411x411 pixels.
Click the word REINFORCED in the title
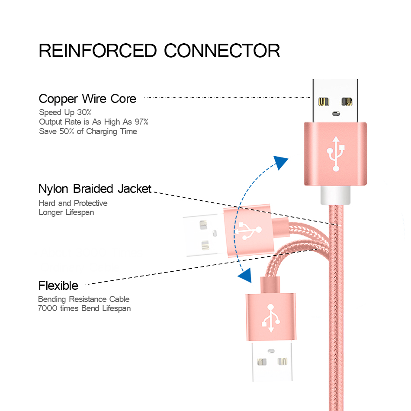pyautogui.click(x=98, y=51)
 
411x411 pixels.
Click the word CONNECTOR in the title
pyautogui.click(x=222, y=51)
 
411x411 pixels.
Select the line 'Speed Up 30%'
pyautogui.click(x=65, y=112)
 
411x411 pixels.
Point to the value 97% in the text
pyautogui.click(x=141, y=122)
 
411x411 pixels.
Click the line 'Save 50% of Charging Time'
pyautogui.click(x=88, y=132)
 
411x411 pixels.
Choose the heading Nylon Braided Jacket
pyautogui.click(x=95, y=189)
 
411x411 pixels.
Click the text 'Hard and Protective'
pyautogui.click(x=73, y=203)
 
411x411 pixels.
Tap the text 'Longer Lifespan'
pyautogui.click(x=66, y=212)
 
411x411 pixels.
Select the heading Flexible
pyautogui.click(x=58, y=286)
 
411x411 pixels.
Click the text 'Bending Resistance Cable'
pyautogui.click(x=83, y=299)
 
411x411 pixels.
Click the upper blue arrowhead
pyautogui.click(x=280, y=162)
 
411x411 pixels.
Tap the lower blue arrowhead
pyautogui.click(x=245, y=275)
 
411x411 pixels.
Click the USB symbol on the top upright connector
pyautogui.click(x=336, y=154)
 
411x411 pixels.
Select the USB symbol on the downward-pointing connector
pyautogui.click(x=271, y=318)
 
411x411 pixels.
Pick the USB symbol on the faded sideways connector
pyautogui.click(x=248, y=231)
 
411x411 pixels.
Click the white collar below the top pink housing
pyautogui.click(x=336, y=195)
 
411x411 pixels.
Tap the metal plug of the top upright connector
pyautogui.click(x=335, y=101)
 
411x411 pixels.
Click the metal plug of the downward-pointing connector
pyautogui.click(x=272, y=361)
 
